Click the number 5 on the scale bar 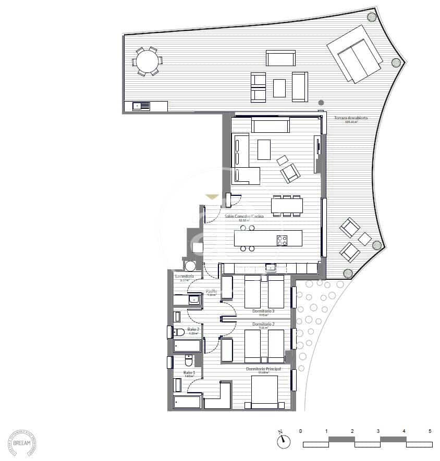click(x=430, y=431)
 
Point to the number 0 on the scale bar click(x=301, y=431)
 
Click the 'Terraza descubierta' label click(x=351, y=119)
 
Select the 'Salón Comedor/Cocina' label click(x=244, y=216)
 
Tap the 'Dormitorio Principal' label click(x=263, y=369)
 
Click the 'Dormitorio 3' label click(x=263, y=312)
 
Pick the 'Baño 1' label click(x=189, y=372)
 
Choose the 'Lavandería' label click(x=185, y=276)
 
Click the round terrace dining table click(x=147, y=62)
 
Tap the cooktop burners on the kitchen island click(x=282, y=240)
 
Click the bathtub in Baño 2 click(x=187, y=345)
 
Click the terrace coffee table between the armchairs click(x=279, y=88)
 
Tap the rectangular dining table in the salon click(x=286, y=205)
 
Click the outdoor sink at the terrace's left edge click(x=142, y=106)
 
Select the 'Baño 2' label click(x=193, y=330)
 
